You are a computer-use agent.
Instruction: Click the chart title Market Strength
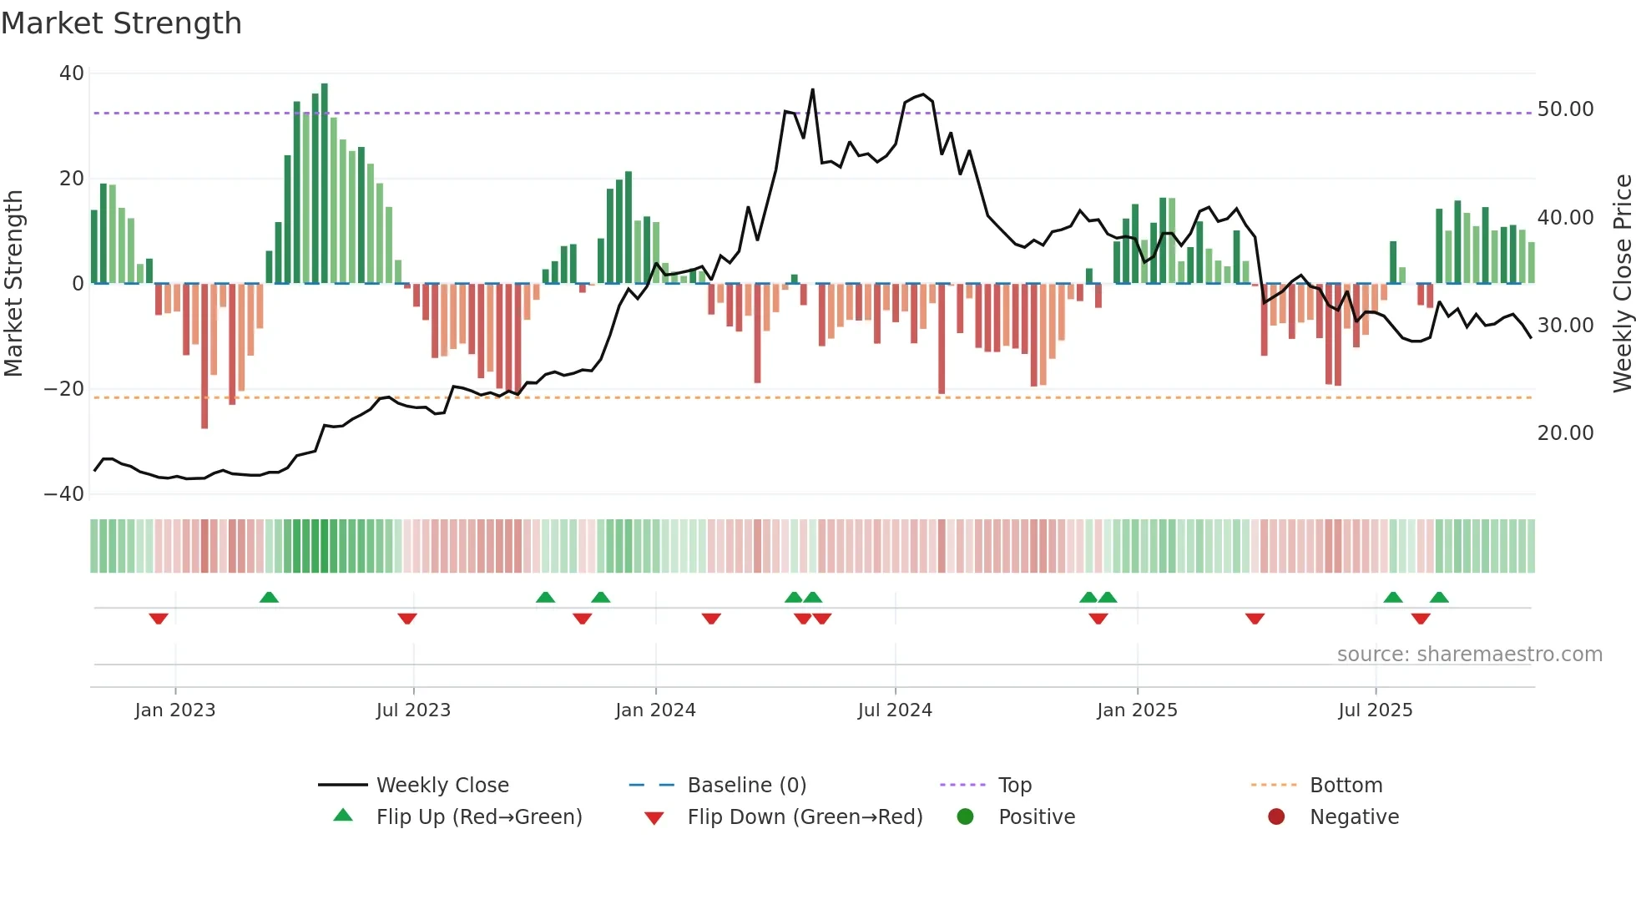[121, 23]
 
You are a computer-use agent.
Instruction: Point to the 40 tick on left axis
[72, 73]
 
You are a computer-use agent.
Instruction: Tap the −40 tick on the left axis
[65, 494]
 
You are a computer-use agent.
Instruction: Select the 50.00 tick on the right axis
[1565, 109]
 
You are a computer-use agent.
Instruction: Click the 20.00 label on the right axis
[1565, 433]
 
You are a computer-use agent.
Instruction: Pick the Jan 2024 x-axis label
[655, 710]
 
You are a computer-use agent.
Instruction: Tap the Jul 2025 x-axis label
[1375, 710]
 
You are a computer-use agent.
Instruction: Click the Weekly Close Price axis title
[1622, 284]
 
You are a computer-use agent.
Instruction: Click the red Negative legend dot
[1276, 817]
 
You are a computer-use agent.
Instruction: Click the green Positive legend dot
[965, 817]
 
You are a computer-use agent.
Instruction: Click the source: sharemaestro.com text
[1469, 655]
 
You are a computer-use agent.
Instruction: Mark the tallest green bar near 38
[325, 184]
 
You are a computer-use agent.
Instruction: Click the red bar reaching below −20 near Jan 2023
[204, 359]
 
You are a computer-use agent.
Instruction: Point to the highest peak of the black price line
[812, 90]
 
